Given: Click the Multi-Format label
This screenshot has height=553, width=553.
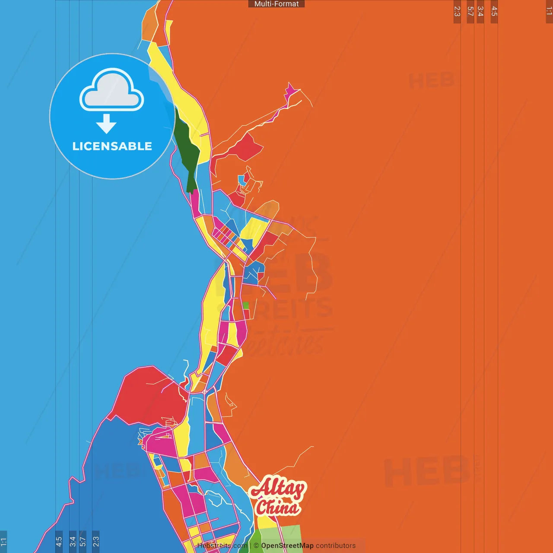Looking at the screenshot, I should (276, 4).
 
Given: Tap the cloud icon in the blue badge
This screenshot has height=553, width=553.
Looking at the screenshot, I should (112, 90).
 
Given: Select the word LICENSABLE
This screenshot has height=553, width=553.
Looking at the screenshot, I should (112, 146).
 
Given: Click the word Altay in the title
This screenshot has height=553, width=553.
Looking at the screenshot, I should (277, 489).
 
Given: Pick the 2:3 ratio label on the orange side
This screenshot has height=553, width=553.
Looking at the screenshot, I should (457, 12).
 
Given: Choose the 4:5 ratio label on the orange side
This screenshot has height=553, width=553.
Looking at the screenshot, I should (494, 12).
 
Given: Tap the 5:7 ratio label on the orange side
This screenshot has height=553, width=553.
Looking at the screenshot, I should (470, 12).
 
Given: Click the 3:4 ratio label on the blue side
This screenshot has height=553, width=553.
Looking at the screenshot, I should (73, 542).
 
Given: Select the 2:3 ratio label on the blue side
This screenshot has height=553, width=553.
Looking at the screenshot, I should (96, 542).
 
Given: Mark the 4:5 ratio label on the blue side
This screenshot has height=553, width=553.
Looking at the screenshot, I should (59, 542).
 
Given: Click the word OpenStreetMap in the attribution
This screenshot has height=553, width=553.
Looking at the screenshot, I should (287, 546).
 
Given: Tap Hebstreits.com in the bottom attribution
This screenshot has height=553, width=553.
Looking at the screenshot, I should (222, 546).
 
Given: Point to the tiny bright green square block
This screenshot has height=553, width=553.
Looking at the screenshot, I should (246, 305).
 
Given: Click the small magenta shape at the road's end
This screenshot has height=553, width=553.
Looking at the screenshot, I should (290, 91).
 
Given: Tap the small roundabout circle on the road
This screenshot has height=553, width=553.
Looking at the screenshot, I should (204, 392).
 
